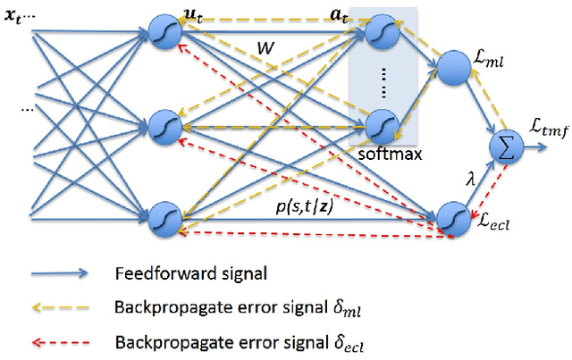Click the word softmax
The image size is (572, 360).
384,155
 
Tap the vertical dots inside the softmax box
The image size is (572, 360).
381,80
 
